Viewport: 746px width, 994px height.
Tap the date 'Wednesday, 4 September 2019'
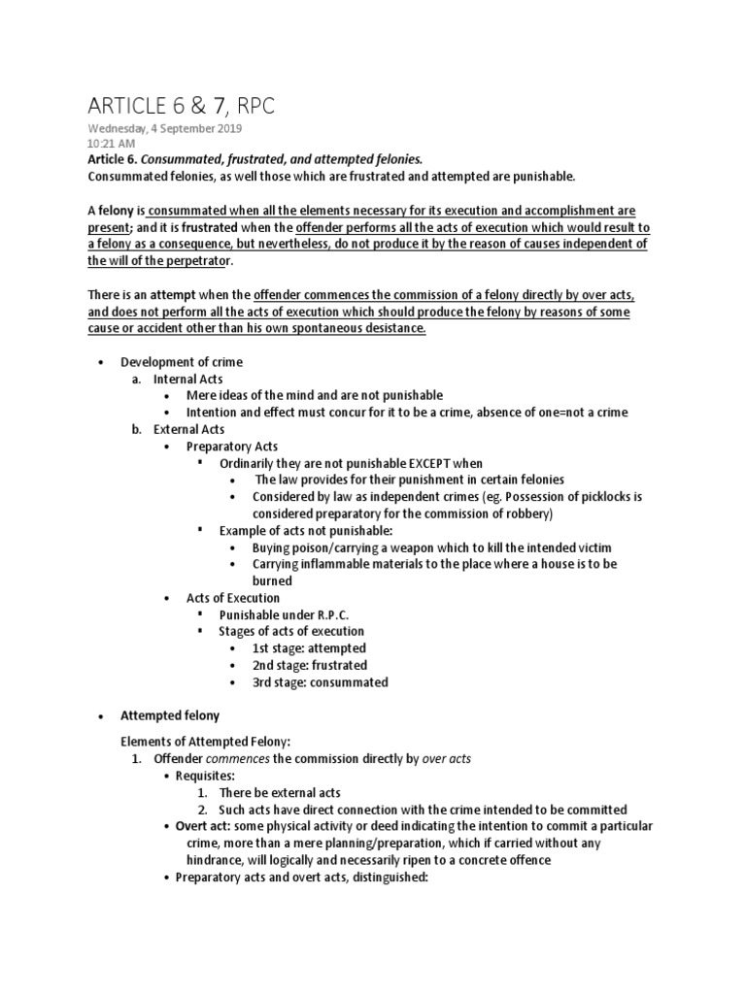(x=165, y=128)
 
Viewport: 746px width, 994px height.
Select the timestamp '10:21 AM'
(x=112, y=143)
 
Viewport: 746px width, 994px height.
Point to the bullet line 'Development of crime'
(x=182, y=361)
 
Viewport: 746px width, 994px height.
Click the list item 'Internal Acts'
(x=190, y=379)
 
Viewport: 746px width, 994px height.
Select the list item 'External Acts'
(x=190, y=429)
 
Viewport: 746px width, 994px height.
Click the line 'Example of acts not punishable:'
(x=304, y=530)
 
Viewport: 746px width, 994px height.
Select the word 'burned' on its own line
(x=272, y=580)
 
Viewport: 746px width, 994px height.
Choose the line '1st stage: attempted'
(x=309, y=647)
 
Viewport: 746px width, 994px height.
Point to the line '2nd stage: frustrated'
(x=310, y=665)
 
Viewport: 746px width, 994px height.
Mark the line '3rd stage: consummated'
(x=320, y=682)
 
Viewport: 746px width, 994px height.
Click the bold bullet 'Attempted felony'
(x=170, y=716)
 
